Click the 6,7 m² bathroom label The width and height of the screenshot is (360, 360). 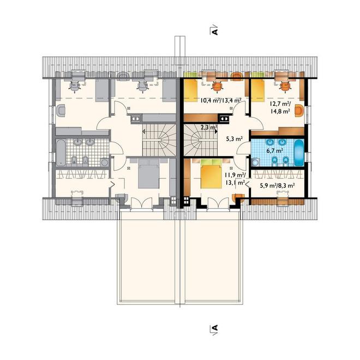tap(274, 151)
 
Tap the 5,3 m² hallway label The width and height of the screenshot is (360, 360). tap(235, 139)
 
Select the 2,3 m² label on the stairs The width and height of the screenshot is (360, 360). tap(209, 127)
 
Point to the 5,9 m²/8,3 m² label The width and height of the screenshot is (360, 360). tap(277, 185)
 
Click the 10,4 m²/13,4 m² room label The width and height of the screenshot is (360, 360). tap(221, 100)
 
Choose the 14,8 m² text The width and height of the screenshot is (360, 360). tap(279, 111)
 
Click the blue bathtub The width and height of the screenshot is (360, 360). tap(299, 152)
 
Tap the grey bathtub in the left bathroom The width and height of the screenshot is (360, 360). tap(61, 152)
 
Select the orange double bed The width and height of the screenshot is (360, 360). tap(212, 174)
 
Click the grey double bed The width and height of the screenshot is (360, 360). tap(148, 174)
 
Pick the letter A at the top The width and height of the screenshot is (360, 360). tap(215, 31)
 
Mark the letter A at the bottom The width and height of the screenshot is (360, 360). tap(215, 327)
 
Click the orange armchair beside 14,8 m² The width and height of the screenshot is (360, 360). tap(299, 111)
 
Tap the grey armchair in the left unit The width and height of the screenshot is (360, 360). tap(61, 111)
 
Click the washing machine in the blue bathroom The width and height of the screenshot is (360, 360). tap(255, 162)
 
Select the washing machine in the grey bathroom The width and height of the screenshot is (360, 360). tap(105, 162)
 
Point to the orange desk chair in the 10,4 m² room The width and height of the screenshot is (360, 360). tap(217, 87)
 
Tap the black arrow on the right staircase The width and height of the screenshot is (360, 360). tap(216, 132)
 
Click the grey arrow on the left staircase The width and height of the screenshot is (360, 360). tap(144, 132)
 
